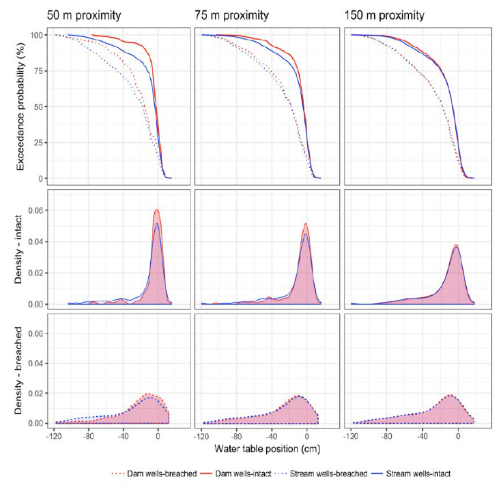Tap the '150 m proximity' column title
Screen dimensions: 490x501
click(386, 15)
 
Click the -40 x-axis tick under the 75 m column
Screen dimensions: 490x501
click(271, 436)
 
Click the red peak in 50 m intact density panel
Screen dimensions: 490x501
click(156, 210)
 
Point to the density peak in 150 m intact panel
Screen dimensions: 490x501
click(456, 246)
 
